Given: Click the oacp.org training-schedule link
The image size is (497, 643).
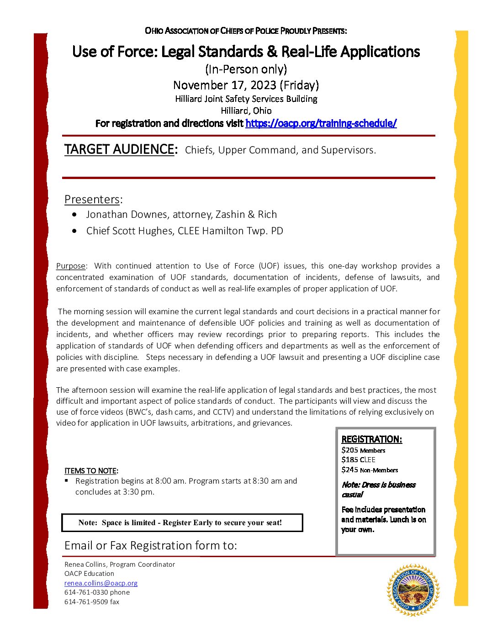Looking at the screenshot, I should click(321, 123).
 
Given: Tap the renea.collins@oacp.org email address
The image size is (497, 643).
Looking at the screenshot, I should click(100, 583).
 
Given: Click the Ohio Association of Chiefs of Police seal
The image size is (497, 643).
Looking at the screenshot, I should click(413, 590).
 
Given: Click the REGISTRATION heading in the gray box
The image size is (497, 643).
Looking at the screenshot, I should click(371, 439).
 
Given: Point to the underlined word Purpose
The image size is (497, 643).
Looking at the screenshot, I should click(71, 266).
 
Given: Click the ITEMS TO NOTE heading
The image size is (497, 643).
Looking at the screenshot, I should click(91, 471).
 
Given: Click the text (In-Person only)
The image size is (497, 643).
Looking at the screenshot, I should click(246, 69).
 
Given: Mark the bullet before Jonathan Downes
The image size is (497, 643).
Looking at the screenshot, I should click(74, 215).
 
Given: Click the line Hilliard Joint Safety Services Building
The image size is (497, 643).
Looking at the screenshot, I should click(246, 99).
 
